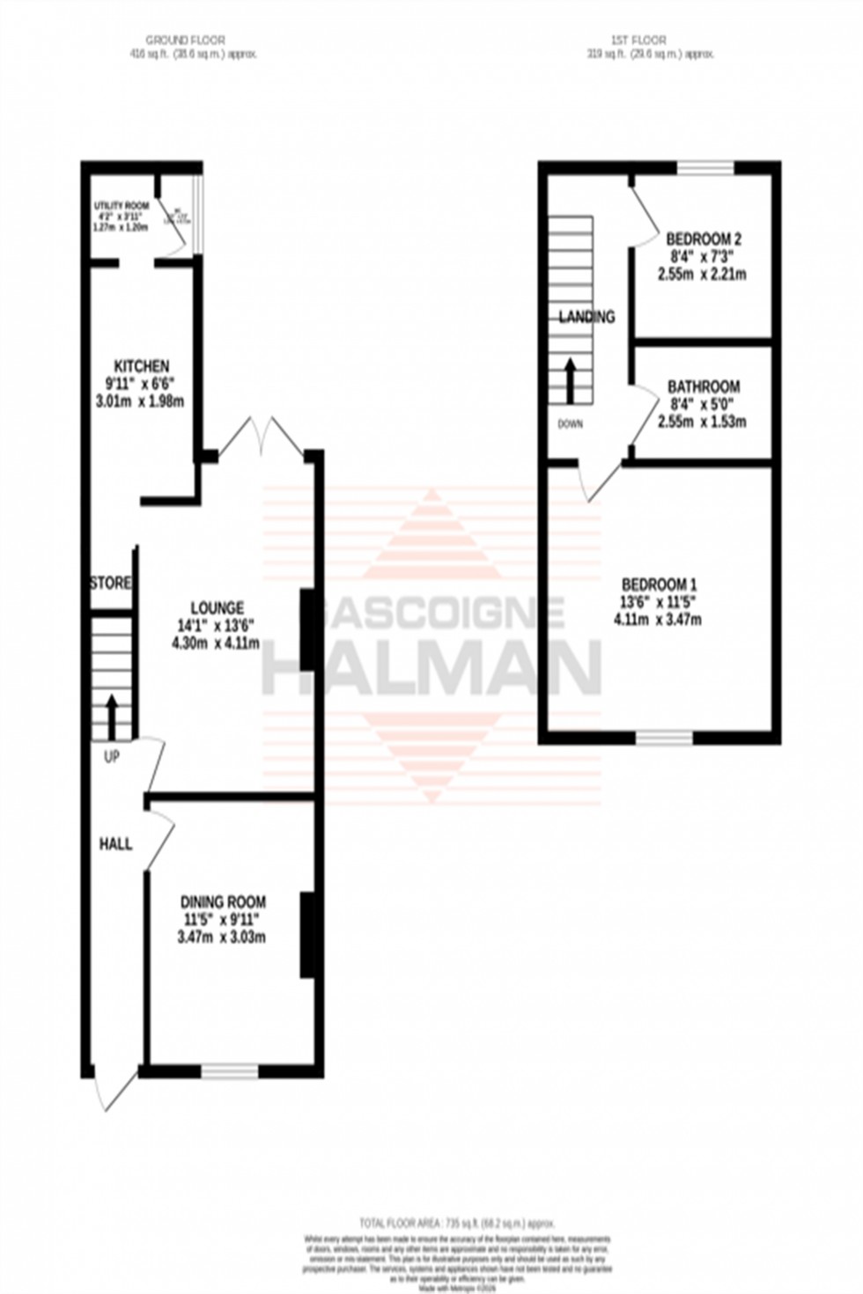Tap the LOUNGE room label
coord(218,607)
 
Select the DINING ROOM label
coord(223,901)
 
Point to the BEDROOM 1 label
coord(659,585)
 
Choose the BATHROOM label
coord(703,386)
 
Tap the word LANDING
coord(586,317)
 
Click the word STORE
coord(111,584)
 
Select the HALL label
coord(115,844)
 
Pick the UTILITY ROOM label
coord(122,206)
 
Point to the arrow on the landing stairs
coord(571,379)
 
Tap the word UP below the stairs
coord(112,756)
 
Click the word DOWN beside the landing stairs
coord(570,424)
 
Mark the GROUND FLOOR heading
coord(185,40)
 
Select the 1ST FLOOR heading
coord(638,40)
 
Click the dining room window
coord(230,1070)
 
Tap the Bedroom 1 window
coord(664,737)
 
